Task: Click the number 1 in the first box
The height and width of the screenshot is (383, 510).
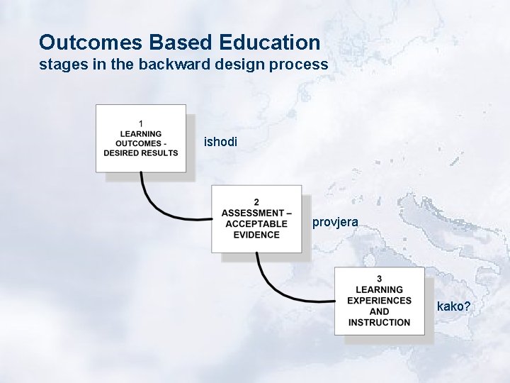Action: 141,123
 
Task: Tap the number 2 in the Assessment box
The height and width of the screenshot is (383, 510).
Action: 256,203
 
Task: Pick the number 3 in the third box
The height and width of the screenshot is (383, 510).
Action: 379,279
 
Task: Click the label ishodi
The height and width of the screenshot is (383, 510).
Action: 221,142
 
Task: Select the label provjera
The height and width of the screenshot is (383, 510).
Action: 335,223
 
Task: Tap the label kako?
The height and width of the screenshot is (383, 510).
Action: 454,306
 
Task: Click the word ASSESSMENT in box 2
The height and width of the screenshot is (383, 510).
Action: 251,213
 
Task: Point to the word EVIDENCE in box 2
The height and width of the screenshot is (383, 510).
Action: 256,235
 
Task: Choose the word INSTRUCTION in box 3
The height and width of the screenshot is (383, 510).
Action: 379,323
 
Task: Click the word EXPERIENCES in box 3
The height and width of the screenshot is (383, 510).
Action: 379,301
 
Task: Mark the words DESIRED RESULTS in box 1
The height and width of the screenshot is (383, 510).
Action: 141,153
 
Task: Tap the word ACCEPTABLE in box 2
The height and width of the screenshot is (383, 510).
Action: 256,224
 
